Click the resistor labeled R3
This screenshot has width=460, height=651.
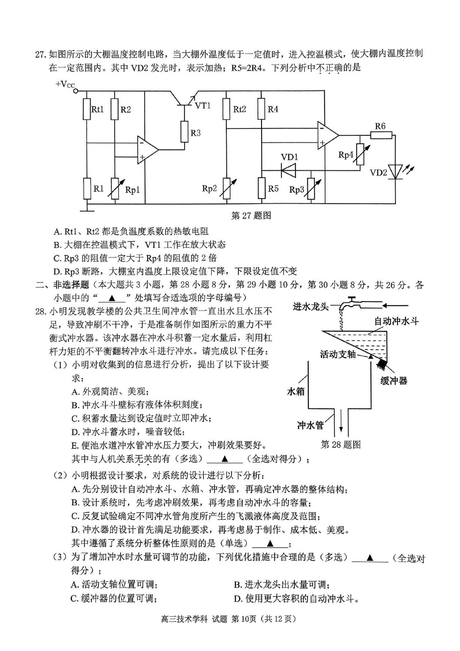click(x=184, y=132)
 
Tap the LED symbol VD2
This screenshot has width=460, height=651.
click(x=396, y=172)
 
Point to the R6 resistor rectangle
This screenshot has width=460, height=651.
click(x=381, y=135)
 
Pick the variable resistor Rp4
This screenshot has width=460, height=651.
click(x=360, y=154)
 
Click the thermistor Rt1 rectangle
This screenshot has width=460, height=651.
click(x=87, y=109)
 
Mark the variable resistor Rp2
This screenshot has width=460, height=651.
click(x=227, y=188)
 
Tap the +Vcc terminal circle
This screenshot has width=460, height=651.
click(x=76, y=91)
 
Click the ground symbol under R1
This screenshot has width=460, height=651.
click(x=87, y=207)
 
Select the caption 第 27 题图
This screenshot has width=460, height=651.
click(x=251, y=215)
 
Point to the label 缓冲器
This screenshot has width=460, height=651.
click(x=394, y=381)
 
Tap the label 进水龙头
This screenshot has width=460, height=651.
click(x=310, y=306)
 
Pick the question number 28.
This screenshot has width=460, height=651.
click(x=41, y=311)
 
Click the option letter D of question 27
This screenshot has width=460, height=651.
click(x=57, y=271)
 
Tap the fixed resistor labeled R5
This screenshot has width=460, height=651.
click(x=262, y=188)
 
